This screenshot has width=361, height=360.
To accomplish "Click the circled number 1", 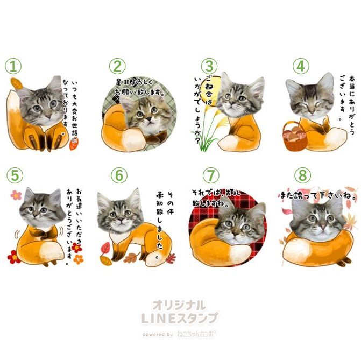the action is pos(13,66).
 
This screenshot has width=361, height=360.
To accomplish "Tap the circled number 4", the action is pos(301,66).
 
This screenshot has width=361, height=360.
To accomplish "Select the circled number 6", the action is pos(119,175).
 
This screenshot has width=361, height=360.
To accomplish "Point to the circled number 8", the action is pos(302,175).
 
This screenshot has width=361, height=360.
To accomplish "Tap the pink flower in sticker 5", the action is pos(16,195).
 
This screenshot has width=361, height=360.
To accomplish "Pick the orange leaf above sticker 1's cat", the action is pos(16,84).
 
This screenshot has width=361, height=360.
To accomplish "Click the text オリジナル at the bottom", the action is pos(179,306).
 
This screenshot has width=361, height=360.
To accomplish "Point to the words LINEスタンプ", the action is pos(179,318).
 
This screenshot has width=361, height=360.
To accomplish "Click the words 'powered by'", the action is pos(158,334).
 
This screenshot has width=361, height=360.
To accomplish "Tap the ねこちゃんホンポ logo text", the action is pos(196,334).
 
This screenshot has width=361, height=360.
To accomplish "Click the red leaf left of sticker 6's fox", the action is pos(105,248).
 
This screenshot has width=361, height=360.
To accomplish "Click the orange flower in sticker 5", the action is pos(78,259).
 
